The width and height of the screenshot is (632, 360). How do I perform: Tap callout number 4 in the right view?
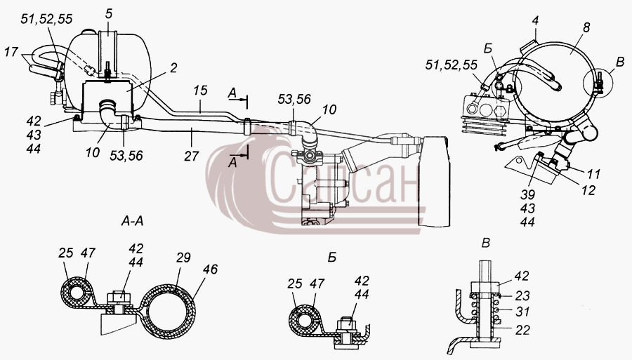(x=535, y=20)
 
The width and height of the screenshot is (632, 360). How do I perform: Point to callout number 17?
(x=12, y=52)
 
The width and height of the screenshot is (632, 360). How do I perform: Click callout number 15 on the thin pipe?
(x=200, y=91)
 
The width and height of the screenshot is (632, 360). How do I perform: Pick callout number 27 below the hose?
(x=192, y=156)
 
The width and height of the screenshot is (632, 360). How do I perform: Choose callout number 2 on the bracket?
(x=173, y=68)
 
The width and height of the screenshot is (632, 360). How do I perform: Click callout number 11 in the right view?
(x=593, y=174)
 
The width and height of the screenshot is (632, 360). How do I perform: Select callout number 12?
(x=588, y=190)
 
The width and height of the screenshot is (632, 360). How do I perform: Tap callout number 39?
(x=527, y=194)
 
